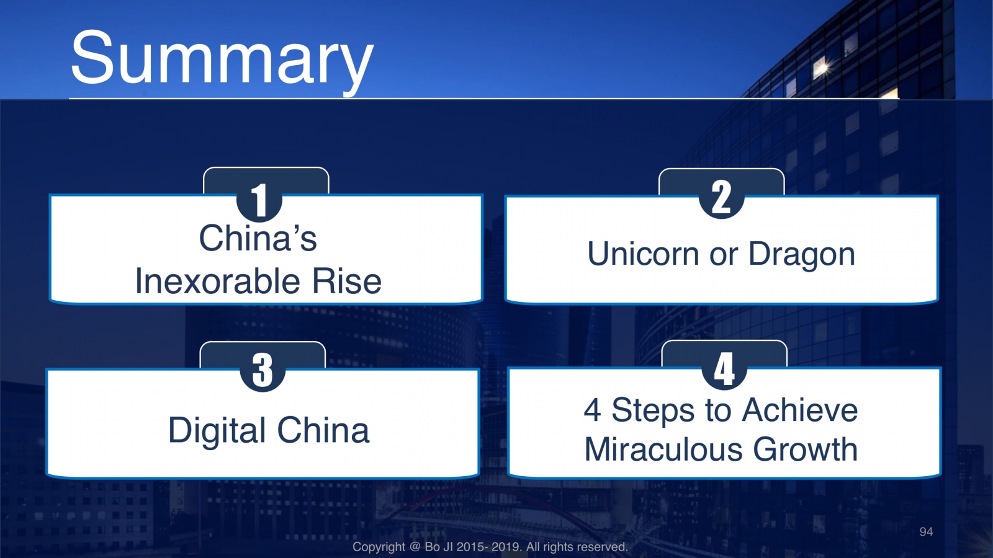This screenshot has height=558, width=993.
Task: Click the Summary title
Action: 222,60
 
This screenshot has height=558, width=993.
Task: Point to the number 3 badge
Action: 263,370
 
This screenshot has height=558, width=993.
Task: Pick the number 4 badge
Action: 724,369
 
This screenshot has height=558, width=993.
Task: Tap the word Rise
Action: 347,281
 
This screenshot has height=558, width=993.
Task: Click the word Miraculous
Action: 663,449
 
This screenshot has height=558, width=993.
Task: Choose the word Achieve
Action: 800,410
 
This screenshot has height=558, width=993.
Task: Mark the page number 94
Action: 926,532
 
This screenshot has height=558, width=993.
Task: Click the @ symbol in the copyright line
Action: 415,547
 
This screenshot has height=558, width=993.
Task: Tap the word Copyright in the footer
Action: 379,547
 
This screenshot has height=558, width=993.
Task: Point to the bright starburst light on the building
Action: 822,68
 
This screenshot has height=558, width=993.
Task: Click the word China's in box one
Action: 258,238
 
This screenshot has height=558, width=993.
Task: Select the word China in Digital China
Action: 323,430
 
